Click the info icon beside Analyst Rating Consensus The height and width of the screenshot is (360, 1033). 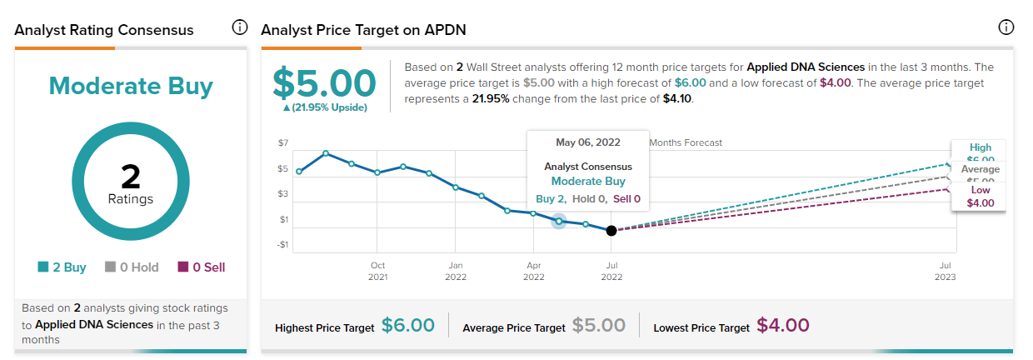pyautogui.click(x=240, y=27)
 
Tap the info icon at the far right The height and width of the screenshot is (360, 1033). pyautogui.click(x=1006, y=27)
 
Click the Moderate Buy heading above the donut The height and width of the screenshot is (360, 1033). pyautogui.click(x=131, y=87)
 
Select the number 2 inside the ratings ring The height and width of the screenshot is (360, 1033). pyautogui.click(x=131, y=177)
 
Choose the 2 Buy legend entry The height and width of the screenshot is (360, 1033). pyautogui.click(x=62, y=267)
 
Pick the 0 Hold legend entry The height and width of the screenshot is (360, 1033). pyautogui.click(x=131, y=267)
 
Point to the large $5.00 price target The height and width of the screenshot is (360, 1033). pyautogui.click(x=326, y=83)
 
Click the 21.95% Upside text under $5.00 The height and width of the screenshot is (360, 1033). pyautogui.click(x=326, y=107)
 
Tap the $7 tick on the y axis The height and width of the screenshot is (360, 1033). pyautogui.click(x=283, y=143)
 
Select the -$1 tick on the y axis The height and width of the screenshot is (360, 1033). pyautogui.click(x=283, y=245)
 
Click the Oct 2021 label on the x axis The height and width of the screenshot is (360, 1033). pyautogui.click(x=377, y=270)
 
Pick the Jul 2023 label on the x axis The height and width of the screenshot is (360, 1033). pyautogui.click(x=945, y=270)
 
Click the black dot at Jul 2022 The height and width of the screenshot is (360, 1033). pyautogui.click(x=611, y=230)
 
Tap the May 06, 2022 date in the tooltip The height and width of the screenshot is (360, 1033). pyautogui.click(x=588, y=142)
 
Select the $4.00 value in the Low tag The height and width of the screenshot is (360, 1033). pyautogui.click(x=981, y=202)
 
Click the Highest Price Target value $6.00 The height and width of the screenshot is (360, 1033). pyautogui.click(x=408, y=325)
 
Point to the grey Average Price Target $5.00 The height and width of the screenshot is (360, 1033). pyautogui.click(x=599, y=325)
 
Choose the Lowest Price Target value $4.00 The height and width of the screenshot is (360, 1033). pyautogui.click(x=783, y=325)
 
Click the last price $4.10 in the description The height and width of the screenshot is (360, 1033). pyautogui.click(x=676, y=98)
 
